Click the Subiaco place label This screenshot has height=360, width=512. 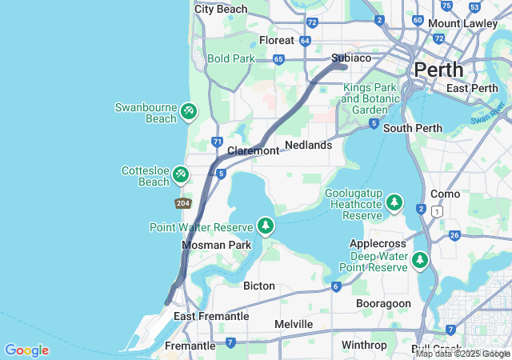click(351, 58)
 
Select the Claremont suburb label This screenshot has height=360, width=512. click(253, 151)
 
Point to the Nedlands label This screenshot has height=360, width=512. click(308, 146)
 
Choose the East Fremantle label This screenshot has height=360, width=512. click(211, 316)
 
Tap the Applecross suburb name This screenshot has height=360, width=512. click(379, 242)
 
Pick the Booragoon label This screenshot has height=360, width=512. click(383, 304)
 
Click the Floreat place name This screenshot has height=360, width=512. click(277, 40)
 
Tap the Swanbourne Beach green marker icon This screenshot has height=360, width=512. click(188, 111)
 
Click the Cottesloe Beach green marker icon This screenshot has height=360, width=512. click(181, 174)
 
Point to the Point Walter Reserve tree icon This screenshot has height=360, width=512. click(266, 226)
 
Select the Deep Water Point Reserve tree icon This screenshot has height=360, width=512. click(420, 260)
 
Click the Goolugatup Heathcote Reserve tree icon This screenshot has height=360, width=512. click(394, 203)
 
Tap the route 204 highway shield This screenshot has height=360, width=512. click(183, 204)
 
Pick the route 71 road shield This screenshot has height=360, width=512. click(217, 142)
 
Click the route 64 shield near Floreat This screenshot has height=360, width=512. click(305, 40)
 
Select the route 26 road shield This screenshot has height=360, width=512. click(454, 235)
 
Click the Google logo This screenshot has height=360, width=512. click(26, 350)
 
